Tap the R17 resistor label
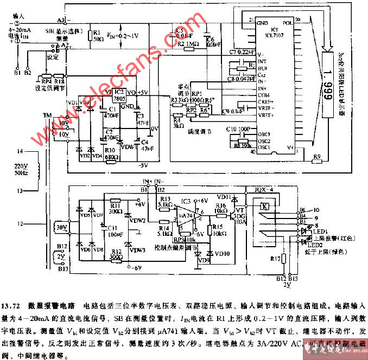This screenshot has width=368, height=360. (275, 259)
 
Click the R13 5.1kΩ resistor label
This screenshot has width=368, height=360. (165, 202)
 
